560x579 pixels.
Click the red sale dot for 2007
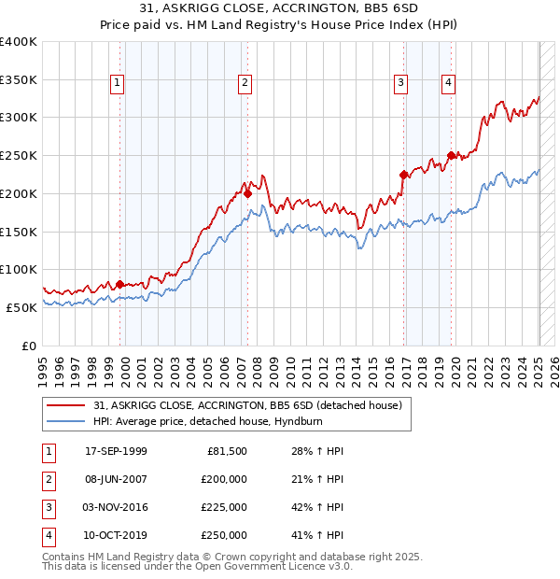tap(247, 194)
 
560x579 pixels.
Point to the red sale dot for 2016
tap(404, 174)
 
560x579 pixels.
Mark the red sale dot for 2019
tap(452, 155)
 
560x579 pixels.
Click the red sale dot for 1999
tap(120, 284)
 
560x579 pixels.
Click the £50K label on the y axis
tap(21, 307)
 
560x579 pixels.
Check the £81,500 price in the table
tap(225, 451)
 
